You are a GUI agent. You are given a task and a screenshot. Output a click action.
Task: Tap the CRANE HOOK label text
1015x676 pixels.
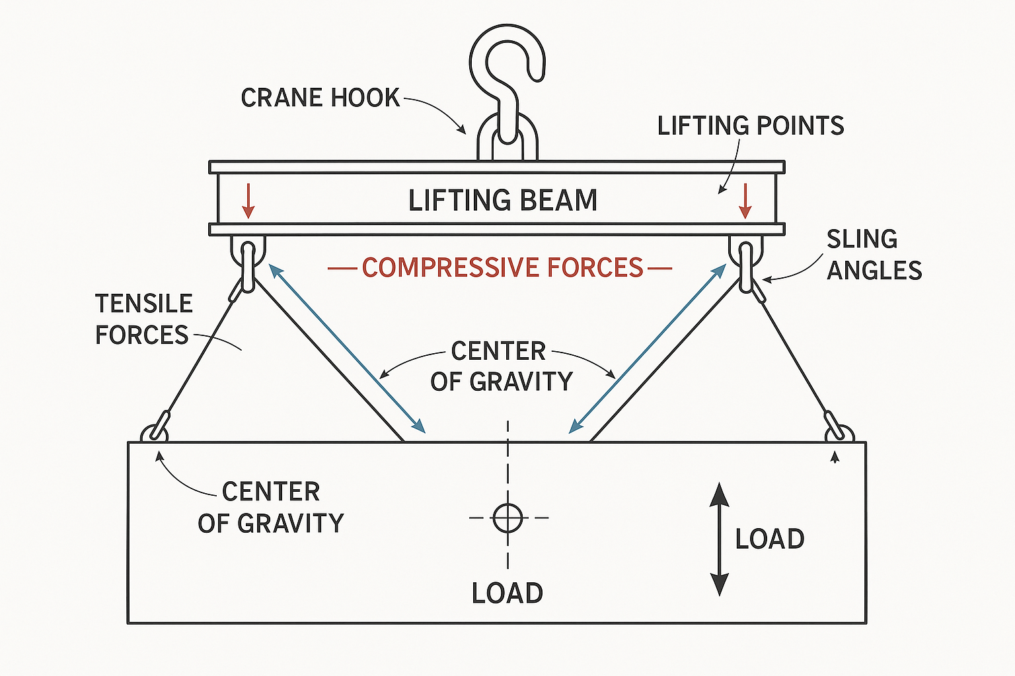click(x=320, y=98)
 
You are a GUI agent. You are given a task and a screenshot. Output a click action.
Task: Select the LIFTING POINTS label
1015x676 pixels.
click(x=751, y=125)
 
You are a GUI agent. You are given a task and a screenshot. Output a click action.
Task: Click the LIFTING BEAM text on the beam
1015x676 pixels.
click(x=503, y=200)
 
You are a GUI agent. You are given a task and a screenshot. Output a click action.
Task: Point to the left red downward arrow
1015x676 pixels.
click(x=248, y=201)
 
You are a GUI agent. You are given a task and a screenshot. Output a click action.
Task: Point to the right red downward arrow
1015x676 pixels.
click(x=745, y=201)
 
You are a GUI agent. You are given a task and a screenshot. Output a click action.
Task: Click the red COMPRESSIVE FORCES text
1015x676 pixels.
click(x=502, y=267)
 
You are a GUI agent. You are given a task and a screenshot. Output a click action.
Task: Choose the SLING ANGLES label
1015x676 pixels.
click(x=874, y=255)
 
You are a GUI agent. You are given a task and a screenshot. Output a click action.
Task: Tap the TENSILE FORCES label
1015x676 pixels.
click(x=143, y=320)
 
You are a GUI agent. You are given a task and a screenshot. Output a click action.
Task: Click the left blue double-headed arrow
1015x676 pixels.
click(x=347, y=349)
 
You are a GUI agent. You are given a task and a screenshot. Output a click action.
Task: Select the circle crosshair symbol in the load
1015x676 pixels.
click(x=507, y=518)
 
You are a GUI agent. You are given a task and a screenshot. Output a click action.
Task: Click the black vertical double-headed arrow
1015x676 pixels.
click(x=719, y=539)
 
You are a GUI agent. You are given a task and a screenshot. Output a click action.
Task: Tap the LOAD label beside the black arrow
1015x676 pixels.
click(x=770, y=539)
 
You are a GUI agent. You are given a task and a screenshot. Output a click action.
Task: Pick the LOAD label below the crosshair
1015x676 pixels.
click(x=507, y=593)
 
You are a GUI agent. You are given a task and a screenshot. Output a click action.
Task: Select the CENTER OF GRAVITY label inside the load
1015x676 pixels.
click(x=271, y=507)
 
